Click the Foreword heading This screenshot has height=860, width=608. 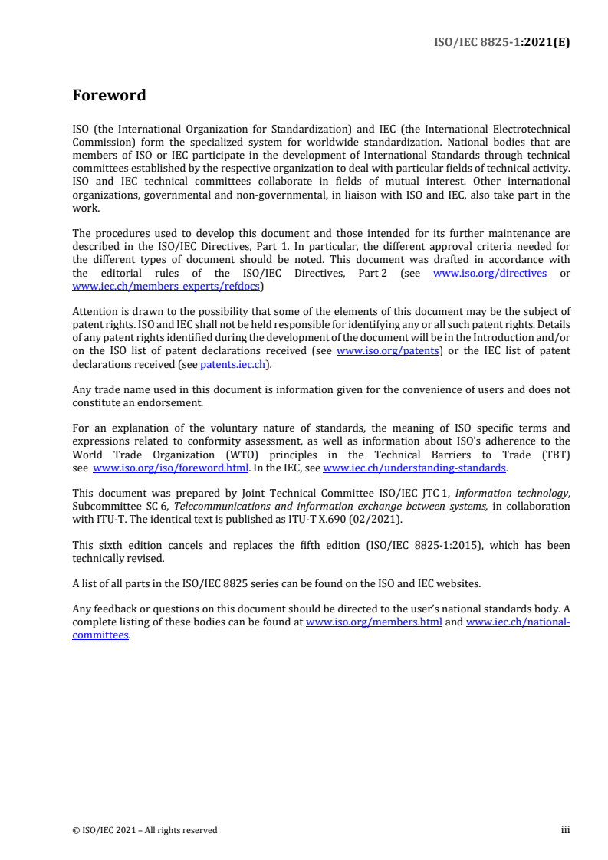click(x=109, y=96)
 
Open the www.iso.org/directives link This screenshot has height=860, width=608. click(x=490, y=274)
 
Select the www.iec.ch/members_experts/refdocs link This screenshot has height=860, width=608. click(x=166, y=286)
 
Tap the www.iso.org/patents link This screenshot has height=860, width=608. click(x=388, y=351)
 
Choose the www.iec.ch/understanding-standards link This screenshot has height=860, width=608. click(x=414, y=468)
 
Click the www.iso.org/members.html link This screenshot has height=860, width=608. click(x=373, y=622)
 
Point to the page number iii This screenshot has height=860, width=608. click(x=565, y=829)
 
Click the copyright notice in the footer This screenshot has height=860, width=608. click(x=145, y=830)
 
